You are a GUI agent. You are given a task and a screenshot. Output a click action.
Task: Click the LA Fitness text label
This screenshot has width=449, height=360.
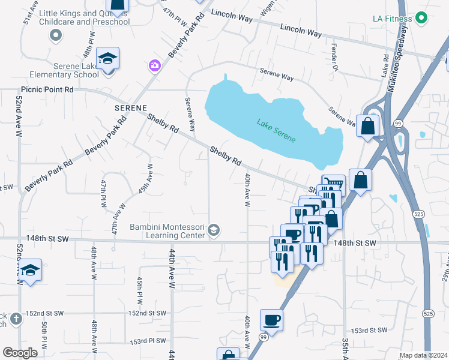[x=394, y=18]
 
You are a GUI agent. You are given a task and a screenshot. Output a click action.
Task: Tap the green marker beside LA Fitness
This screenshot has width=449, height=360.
[x=422, y=18]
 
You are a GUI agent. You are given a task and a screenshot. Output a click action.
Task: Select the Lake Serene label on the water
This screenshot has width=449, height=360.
[x=276, y=131]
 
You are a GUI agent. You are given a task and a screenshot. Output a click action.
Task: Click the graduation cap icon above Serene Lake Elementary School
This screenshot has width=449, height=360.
[x=108, y=58]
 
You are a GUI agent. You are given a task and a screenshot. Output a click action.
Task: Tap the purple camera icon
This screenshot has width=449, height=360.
[x=155, y=65]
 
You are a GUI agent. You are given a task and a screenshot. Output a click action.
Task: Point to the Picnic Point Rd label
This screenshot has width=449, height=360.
[x=47, y=89]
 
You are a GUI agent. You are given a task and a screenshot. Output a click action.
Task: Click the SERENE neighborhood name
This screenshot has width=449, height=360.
[x=130, y=107]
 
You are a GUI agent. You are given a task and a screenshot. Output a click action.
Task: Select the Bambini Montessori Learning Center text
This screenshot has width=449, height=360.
[x=167, y=230]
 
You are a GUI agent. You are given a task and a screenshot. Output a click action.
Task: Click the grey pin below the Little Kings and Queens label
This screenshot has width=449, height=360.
[x=56, y=35]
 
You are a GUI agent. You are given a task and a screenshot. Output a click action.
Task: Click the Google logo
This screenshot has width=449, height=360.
[x=20, y=352]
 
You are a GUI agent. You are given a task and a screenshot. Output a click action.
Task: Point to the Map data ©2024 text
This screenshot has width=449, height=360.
[x=423, y=355]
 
